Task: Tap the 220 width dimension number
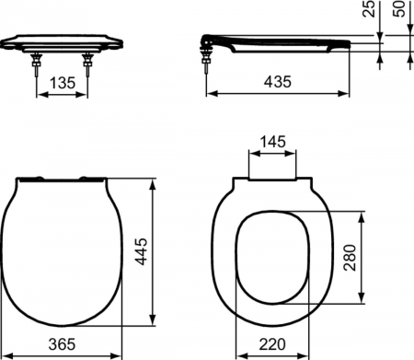tap(273, 345)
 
